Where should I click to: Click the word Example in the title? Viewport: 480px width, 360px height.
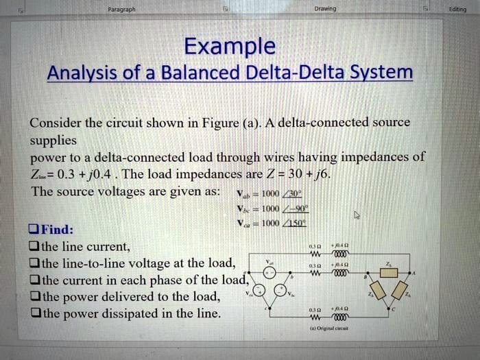pyautogui.click(x=230, y=47)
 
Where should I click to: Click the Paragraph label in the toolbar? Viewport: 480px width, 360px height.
pyautogui.click(x=121, y=10)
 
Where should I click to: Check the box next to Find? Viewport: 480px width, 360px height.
pyautogui.click(x=33, y=228)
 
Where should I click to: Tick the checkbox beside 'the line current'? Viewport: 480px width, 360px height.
pyautogui.click(x=33, y=245)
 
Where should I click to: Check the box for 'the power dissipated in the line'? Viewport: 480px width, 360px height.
pyautogui.click(x=33, y=313)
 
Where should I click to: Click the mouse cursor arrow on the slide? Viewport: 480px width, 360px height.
pyautogui.click(x=356, y=215)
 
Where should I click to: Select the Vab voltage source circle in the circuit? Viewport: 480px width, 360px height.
pyautogui.click(x=272, y=274)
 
